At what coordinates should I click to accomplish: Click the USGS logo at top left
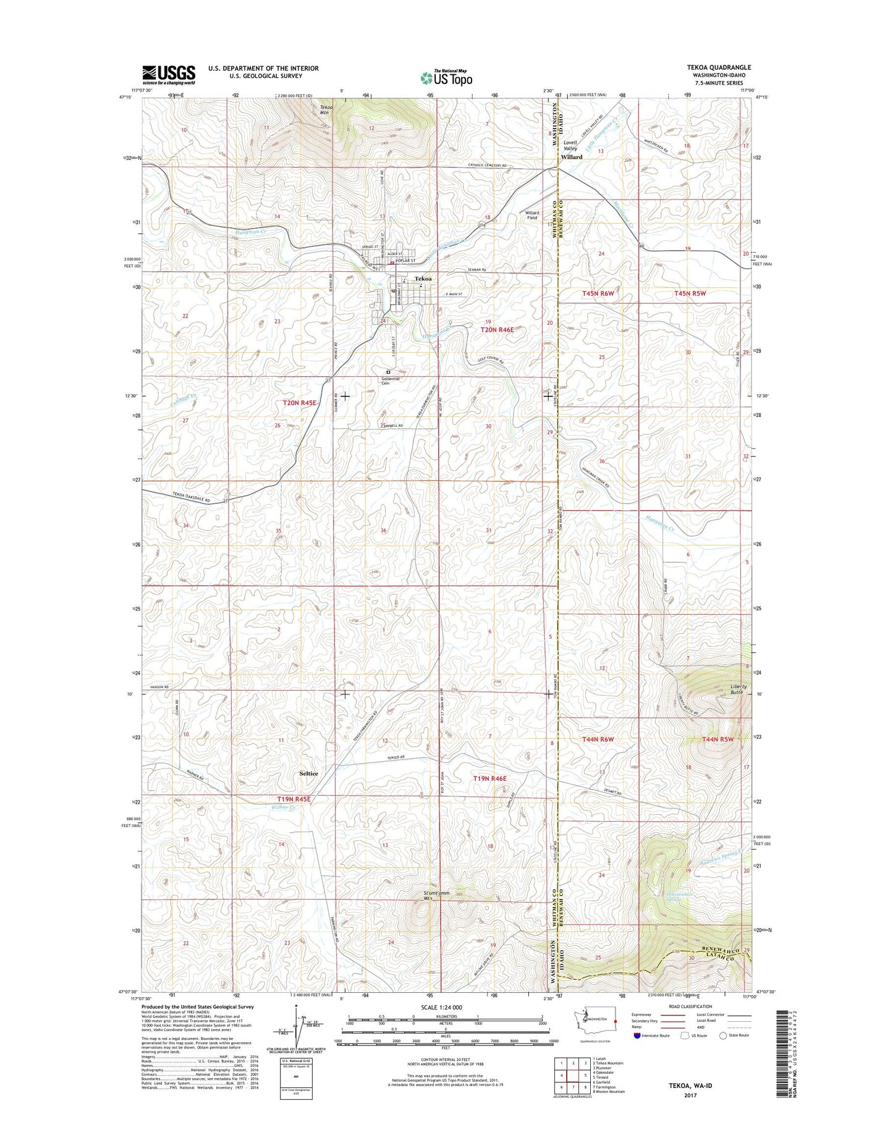point(169,75)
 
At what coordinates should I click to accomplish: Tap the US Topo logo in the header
point(446,78)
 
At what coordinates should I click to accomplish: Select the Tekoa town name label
point(423,279)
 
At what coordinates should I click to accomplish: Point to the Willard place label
point(572,158)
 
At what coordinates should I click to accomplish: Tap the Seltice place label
point(308,773)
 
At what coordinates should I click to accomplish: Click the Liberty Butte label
point(739,689)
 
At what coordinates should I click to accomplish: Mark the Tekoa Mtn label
point(326,111)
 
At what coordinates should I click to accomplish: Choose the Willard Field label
point(532,215)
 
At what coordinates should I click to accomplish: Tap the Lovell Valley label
point(570,145)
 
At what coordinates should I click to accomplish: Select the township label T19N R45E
point(294,799)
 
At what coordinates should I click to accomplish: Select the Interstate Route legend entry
point(655,1035)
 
